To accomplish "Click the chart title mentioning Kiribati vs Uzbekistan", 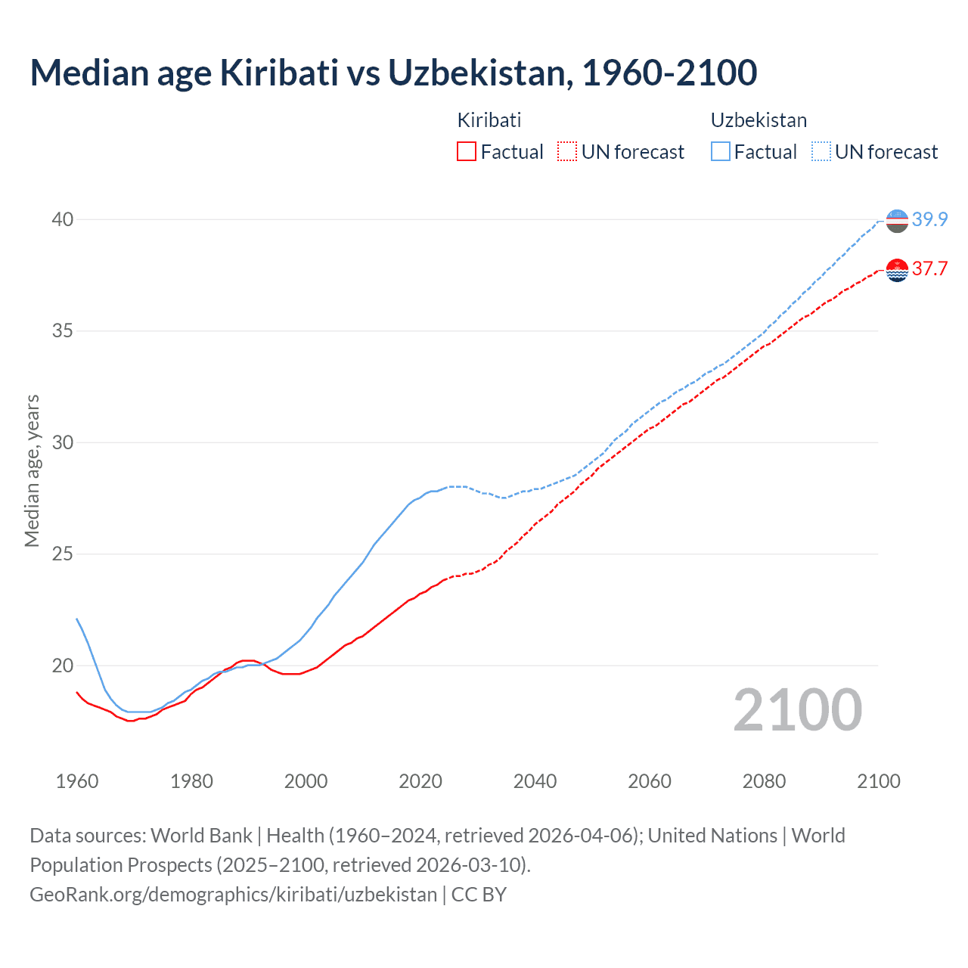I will [x=393, y=73].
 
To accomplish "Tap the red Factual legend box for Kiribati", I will [x=467, y=152].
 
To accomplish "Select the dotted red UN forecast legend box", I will [x=567, y=152].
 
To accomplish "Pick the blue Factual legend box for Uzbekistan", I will [x=721, y=152].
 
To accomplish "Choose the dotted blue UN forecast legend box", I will [x=821, y=152].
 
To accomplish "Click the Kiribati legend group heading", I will [x=489, y=120].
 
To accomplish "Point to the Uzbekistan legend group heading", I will [x=759, y=120].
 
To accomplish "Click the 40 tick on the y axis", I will [x=62, y=219].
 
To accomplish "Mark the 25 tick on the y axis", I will [x=62, y=554].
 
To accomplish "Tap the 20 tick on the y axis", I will [x=62, y=665].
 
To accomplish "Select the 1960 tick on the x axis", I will [x=77, y=781].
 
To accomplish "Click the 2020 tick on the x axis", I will [x=420, y=781].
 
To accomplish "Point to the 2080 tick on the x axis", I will [x=764, y=781].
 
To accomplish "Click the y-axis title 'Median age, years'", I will [x=32, y=470].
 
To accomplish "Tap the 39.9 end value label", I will [x=929, y=219].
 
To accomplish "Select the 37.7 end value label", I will [x=929, y=269].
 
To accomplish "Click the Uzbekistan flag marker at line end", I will [x=897, y=221].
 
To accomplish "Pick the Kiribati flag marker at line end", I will [x=897, y=270].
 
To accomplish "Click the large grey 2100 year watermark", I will [x=798, y=709].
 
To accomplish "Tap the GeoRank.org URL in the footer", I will [x=233, y=895].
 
